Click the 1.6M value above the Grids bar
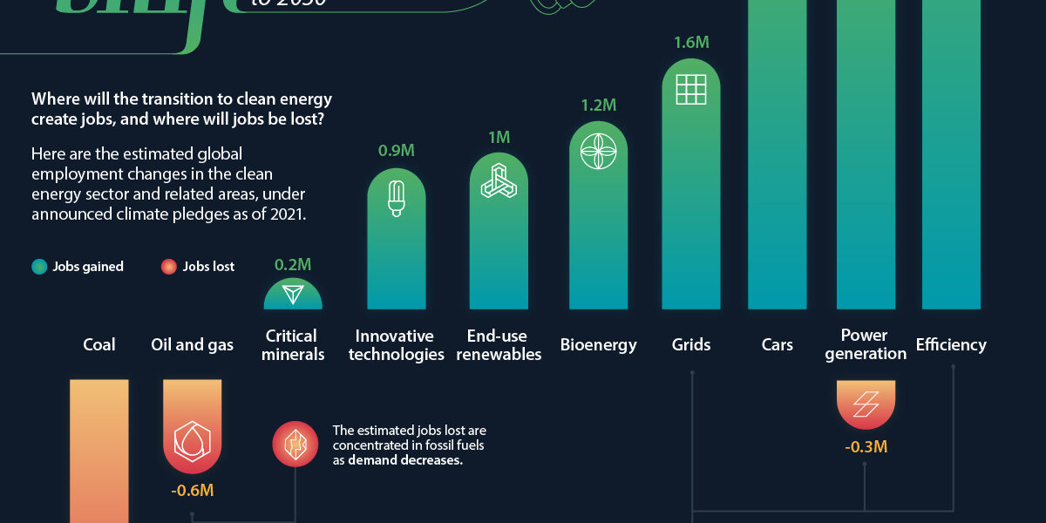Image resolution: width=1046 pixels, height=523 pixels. (691, 42)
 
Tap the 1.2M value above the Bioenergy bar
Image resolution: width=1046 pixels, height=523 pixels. (598, 105)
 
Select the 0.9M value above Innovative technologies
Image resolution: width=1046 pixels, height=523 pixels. (396, 151)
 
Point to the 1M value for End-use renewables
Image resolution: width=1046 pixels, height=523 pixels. (499, 137)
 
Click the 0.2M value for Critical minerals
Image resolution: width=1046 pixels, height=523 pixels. (293, 264)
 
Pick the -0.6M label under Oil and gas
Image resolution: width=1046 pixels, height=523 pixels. (192, 490)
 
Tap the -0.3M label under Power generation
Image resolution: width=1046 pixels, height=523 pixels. (866, 447)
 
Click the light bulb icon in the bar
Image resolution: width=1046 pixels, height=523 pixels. (396, 198)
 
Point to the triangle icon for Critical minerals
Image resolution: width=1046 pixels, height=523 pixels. (293, 295)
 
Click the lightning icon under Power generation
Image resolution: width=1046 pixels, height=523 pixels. (866, 404)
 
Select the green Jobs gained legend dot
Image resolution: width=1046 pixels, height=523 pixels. (39, 267)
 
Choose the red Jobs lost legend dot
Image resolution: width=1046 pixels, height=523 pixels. (169, 267)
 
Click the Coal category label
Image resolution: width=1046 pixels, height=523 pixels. (98, 344)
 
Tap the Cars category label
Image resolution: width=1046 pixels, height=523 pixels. (777, 344)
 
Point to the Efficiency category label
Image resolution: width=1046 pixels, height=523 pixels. (951, 344)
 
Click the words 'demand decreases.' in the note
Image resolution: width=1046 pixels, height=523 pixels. (404, 460)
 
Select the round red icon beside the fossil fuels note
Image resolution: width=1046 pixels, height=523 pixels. (295, 445)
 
